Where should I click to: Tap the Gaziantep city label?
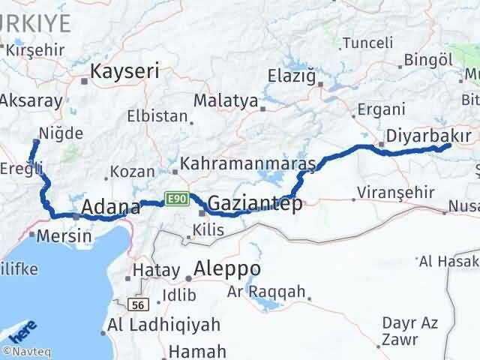pos(255,203)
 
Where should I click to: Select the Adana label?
pos(109,207)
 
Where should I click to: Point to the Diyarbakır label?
pos(430,136)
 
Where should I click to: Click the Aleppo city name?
pos(227,268)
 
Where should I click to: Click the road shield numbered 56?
pos(136,304)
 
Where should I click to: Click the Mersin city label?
pos(66,235)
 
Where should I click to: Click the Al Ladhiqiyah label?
pos(164,325)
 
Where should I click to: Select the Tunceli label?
pos(367,43)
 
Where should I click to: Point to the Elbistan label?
pos(157,117)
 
